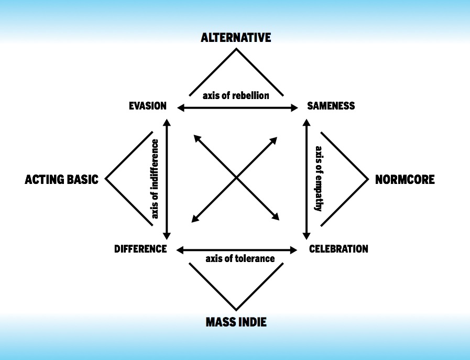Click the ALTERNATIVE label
tap(236, 37)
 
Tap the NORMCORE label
tap(405, 179)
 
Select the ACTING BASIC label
tap(61, 180)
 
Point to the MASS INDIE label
tap(236, 322)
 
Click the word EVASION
tap(147, 106)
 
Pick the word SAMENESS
tap(331, 106)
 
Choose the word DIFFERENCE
tap(140, 249)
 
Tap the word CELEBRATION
tap(338, 248)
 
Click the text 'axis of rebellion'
tap(236, 95)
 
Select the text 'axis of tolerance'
tap(240, 258)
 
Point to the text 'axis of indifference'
tap(155, 179)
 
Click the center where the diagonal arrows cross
tap(236, 178)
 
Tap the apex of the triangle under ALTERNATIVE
tap(236, 49)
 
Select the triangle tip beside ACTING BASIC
tap(106, 179)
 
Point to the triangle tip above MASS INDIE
tap(236, 309)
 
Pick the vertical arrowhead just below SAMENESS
tap(305, 122)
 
